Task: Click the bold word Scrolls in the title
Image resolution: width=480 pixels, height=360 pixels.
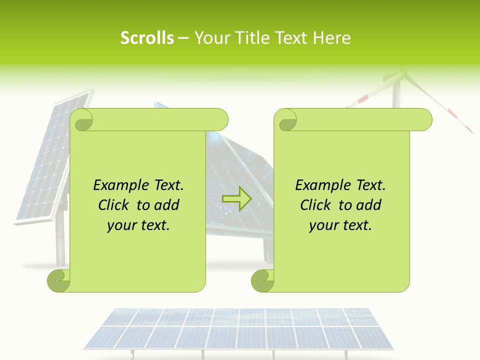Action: [147, 38]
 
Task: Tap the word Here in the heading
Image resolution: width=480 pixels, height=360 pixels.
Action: [331, 38]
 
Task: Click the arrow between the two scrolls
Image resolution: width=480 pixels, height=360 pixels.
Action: [236, 198]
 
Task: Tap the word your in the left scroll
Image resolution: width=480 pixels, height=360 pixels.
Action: [120, 225]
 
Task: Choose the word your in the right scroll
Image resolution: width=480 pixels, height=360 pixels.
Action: [322, 225]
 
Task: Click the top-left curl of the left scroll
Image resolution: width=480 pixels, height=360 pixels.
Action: [81, 120]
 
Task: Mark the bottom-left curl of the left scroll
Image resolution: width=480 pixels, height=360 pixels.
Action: [58, 281]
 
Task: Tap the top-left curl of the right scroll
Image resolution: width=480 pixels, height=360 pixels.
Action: [285, 120]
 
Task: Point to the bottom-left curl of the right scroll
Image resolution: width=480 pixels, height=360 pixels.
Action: [262, 281]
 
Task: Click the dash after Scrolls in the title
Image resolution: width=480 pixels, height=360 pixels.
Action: [183, 38]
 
